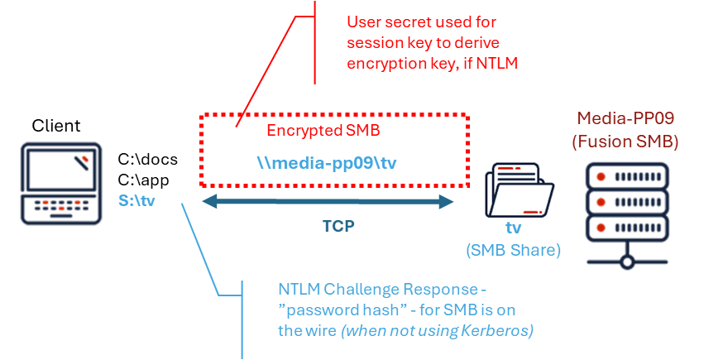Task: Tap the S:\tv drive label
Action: click(x=136, y=200)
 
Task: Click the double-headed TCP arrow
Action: click(x=328, y=202)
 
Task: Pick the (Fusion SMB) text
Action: click(x=625, y=142)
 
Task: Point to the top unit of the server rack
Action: click(x=627, y=176)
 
